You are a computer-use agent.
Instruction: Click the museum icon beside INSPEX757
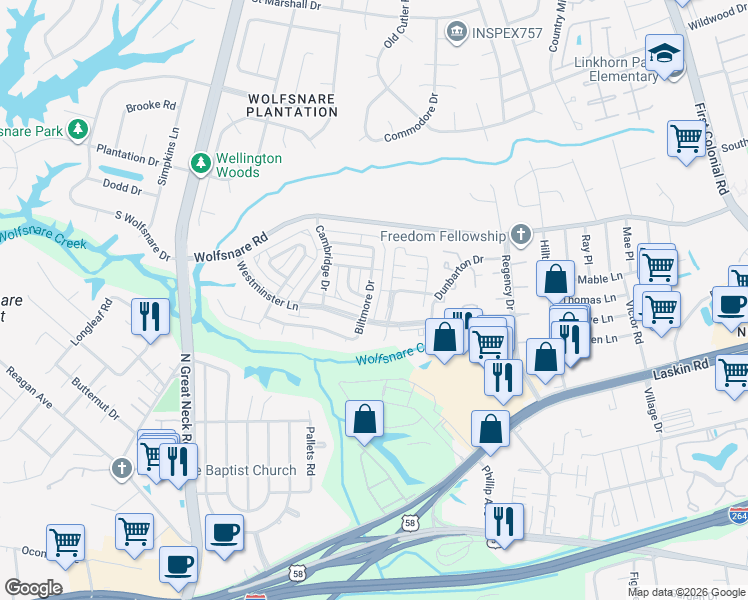click(458, 33)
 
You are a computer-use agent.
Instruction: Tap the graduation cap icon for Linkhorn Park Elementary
click(663, 54)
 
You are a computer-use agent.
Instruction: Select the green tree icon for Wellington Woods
click(201, 161)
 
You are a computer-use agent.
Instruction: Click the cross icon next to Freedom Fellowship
click(520, 236)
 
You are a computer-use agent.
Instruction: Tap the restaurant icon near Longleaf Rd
click(150, 317)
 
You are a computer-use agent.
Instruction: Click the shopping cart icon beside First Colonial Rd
click(685, 139)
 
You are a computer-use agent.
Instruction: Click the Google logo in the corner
click(32, 588)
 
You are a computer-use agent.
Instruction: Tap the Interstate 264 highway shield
click(738, 515)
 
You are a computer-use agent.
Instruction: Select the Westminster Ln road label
click(265, 286)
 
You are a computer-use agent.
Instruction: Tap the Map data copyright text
click(685, 591)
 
